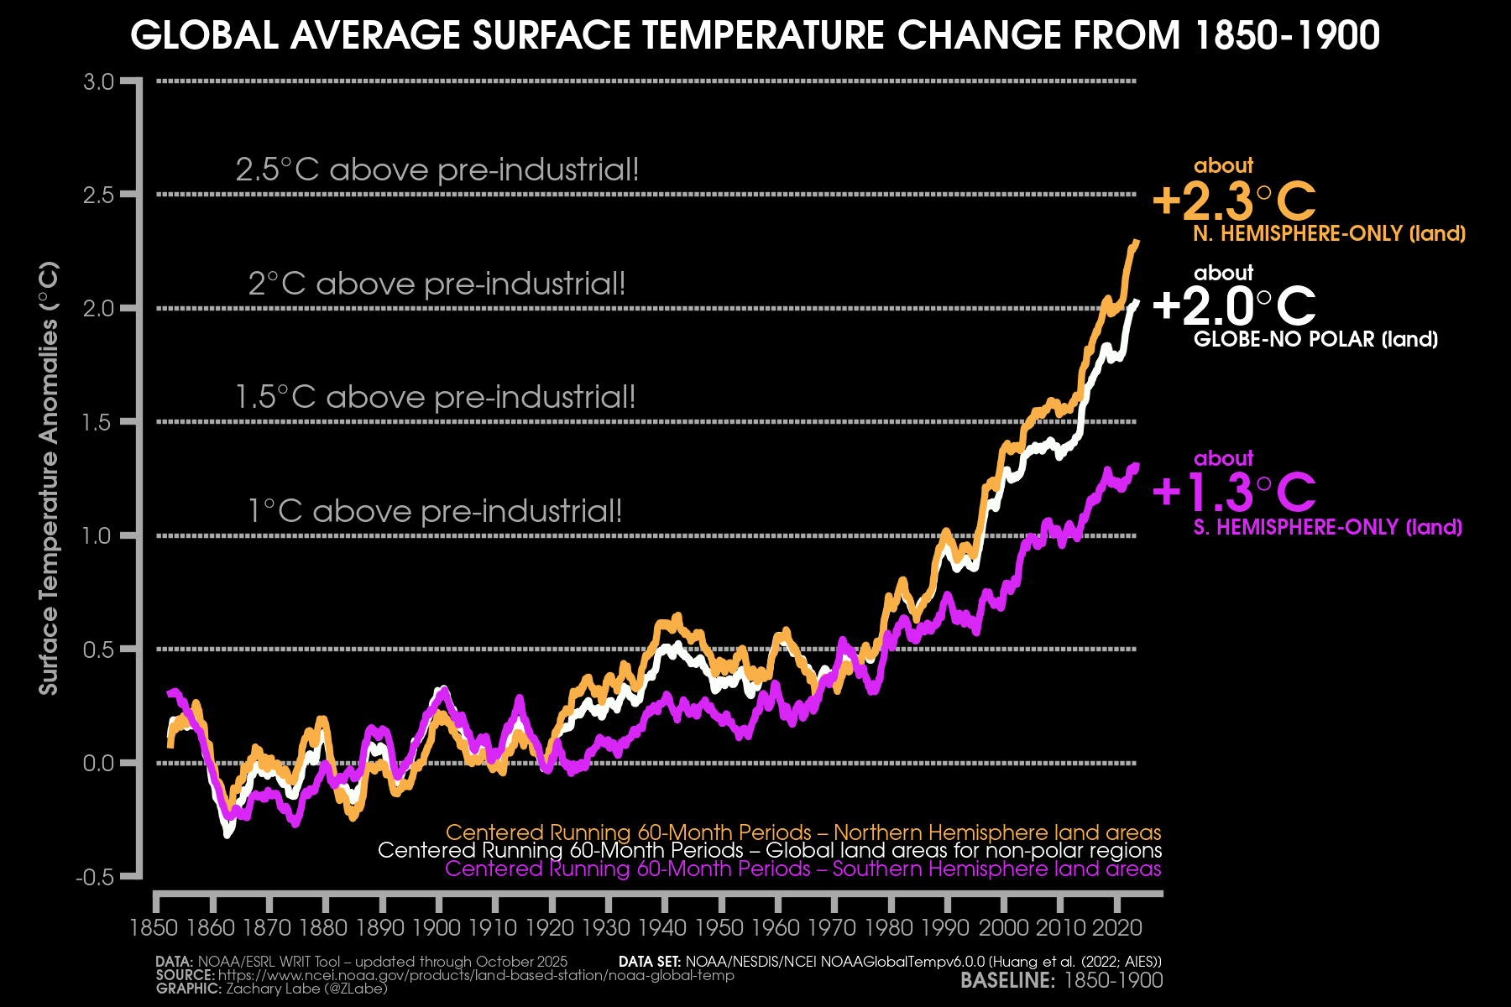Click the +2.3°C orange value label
pos(1234,201)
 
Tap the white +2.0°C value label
pos(1234,306)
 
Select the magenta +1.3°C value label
pos(1234,493)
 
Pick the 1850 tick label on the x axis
pos(155,928)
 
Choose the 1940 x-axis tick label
pos(664,928)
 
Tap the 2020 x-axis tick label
pos(1116,928)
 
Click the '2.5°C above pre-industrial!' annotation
pos(437,170)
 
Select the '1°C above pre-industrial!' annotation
pos(435,511)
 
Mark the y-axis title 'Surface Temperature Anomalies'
pos(49,478)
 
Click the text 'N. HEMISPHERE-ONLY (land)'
pos(1330,234)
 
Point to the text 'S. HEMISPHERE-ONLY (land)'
pos(1328,528)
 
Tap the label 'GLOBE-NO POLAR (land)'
pos(1315,340)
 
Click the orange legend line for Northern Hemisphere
pos(803,832)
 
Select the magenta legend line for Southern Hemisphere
pos(803,869)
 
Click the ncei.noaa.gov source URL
pos(476,976)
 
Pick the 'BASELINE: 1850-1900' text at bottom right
pos(1062,981)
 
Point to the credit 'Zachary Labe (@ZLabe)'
pos(306,989)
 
